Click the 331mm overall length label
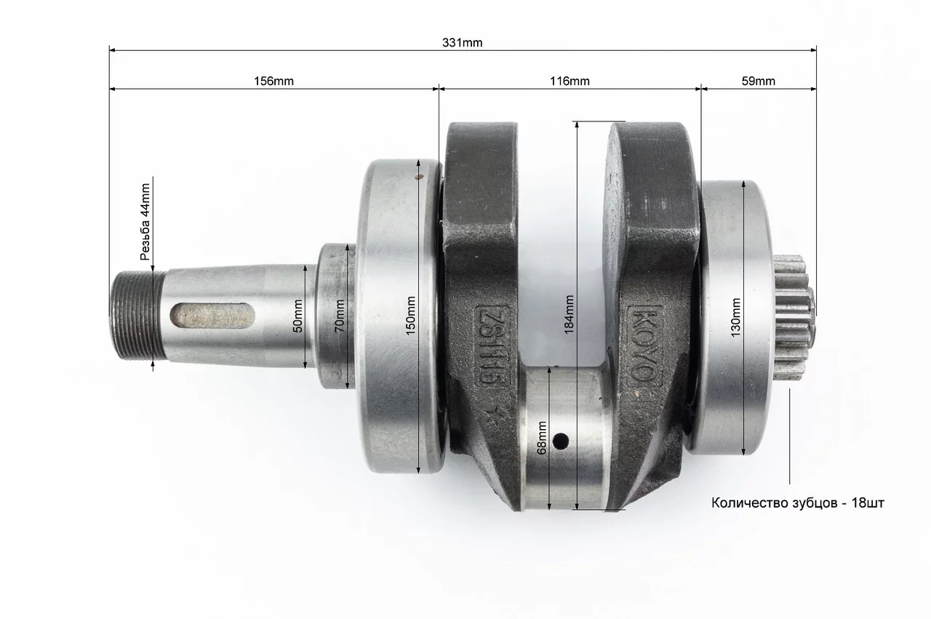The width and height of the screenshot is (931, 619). coord(462,43)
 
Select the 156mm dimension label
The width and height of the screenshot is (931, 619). coord(273,81)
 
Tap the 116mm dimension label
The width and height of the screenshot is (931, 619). coord(570,81)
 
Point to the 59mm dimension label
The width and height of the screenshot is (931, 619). coord(758,81)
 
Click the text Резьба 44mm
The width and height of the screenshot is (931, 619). coord(145,222)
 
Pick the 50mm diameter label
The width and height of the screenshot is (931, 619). coord(298,316)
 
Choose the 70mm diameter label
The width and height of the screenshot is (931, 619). coord(340,316)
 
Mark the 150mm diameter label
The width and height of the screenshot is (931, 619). coord(411,316)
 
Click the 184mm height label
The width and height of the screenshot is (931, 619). coord(569,314)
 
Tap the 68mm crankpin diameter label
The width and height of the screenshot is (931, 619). coord(542,438)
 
